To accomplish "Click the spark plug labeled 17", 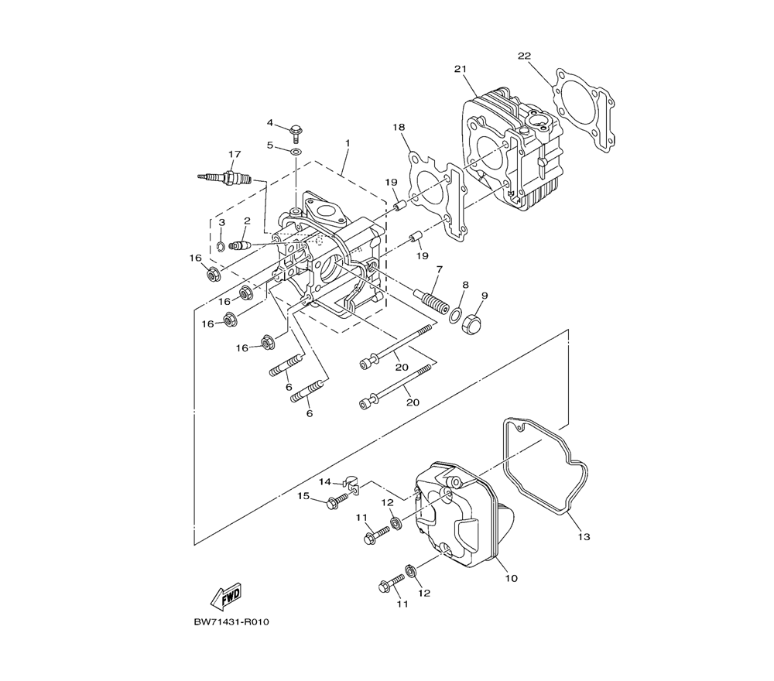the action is coord(224,177).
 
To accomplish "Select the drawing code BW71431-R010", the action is coord(231,621).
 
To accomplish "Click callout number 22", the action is coord(524,56).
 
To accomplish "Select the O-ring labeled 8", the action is coord(455,315).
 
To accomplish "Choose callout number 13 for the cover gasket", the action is coord(584,536).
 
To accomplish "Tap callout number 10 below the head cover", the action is coord(512,578).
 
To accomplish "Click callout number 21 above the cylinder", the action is coord(460,69).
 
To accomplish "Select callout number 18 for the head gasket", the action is coord(399,128).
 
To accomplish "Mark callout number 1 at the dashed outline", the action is coord(348,143).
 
